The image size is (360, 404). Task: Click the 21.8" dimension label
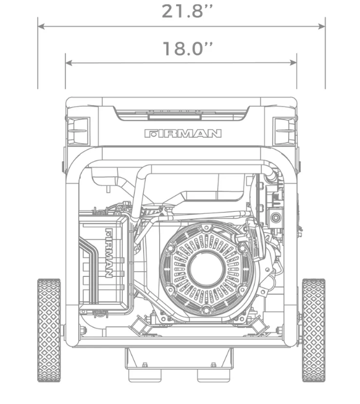point(187,11)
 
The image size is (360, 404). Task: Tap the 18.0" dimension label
point(188,48)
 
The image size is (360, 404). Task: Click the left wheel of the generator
point(49,330)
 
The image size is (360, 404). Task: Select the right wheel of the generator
point(314,330)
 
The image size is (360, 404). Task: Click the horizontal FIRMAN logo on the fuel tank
point(183,133)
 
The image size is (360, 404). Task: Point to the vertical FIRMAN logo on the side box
point(109,253)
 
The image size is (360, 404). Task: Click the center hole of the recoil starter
point(206,269)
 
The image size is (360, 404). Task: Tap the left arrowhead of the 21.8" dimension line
point(41,27)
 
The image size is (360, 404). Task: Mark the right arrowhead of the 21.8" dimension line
point(322,27)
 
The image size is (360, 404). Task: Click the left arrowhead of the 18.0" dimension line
point(69,62)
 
